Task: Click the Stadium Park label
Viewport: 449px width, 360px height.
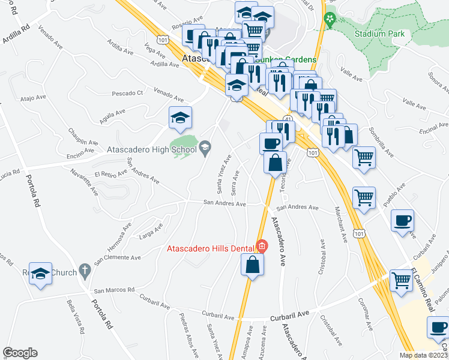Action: coord(383,34)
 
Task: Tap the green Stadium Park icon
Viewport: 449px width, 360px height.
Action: coord(329,20)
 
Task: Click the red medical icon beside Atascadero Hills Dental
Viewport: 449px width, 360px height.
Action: coord(261,245)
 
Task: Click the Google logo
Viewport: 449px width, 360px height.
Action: coord(19,353)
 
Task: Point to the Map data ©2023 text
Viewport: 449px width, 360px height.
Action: coord(423,355)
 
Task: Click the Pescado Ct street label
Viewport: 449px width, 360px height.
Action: coord(128,94)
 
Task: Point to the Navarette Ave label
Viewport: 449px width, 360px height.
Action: coord(84,181)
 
